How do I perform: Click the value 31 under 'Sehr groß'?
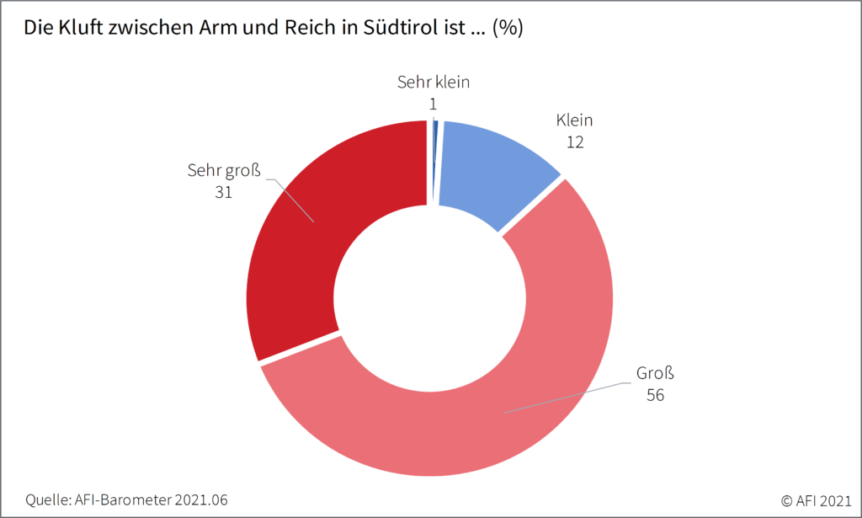223,191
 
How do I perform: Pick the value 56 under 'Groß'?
656,394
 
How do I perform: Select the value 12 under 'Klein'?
575,142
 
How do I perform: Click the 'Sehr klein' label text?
433,83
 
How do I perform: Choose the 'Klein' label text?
575,121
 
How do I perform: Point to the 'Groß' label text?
656,373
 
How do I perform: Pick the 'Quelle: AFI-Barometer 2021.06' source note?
127,499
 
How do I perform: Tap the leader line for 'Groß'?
572,396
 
